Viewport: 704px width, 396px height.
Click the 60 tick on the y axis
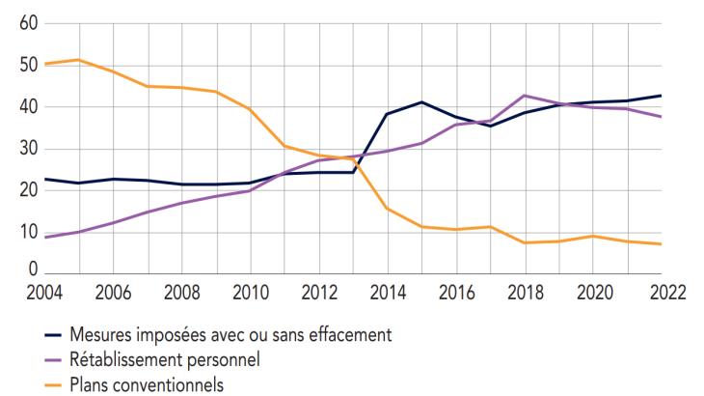coord(28,24)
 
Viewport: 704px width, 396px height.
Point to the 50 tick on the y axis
coord(28,66)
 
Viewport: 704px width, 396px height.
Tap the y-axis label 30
coord(28,149)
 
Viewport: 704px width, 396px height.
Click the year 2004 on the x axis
coord(45,293)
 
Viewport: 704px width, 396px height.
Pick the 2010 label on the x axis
coord(250,293)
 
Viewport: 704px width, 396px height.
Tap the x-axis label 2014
coord(387,293)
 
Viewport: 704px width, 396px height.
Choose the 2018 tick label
coord(524,293)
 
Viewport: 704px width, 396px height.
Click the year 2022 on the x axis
coord(660,293)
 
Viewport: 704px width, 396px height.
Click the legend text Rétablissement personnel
coord(165,360)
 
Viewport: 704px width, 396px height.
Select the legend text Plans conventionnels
coord(147,384)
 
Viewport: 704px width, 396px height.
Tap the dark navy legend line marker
coord(54,336)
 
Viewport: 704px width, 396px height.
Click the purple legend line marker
coord(54,360)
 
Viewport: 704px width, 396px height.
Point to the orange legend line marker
coord(54,384)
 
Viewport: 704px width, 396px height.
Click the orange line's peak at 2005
coord(79,60)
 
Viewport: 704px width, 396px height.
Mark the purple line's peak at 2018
coord(524,96)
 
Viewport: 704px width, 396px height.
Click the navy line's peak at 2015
coord(421,102)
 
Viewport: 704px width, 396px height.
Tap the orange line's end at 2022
coord(660,244)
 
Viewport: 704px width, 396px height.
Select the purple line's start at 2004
coord(45,237)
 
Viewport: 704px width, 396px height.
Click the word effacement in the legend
coord(344,336)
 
